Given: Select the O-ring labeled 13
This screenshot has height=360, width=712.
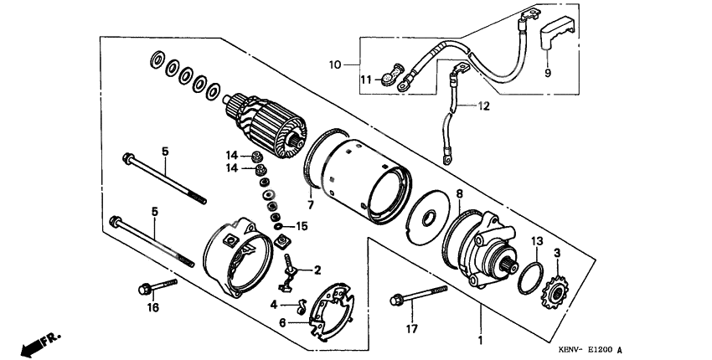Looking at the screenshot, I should [x=529, y=276].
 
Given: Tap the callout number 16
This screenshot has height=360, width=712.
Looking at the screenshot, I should [x=152, y=309].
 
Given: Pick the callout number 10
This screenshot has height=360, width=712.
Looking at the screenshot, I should [x=334, y=64].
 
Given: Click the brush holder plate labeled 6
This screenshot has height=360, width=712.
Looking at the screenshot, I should [x=331, y=310].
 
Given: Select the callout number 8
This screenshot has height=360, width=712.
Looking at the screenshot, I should [x=458, y=193].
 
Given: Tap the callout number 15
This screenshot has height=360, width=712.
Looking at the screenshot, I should [x=302, y=226].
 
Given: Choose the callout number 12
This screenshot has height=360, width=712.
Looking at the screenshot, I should [x=482, y=106].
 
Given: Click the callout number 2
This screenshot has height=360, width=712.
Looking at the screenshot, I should [x=317, y=270].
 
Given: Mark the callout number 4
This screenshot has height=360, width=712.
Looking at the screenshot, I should [x=275, y=305].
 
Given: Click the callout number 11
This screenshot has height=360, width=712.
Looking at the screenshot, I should [x=364, y=80].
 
